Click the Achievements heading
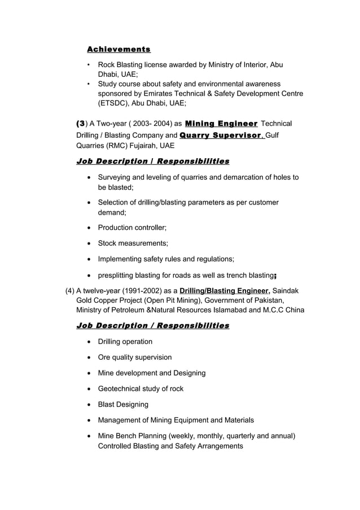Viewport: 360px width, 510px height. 118,49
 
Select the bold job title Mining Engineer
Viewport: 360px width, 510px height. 221,124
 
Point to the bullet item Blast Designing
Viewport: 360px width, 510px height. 123,404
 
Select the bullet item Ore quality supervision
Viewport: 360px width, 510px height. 135,358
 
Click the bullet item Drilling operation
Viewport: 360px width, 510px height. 125,342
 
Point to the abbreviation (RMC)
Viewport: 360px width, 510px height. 116,146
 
